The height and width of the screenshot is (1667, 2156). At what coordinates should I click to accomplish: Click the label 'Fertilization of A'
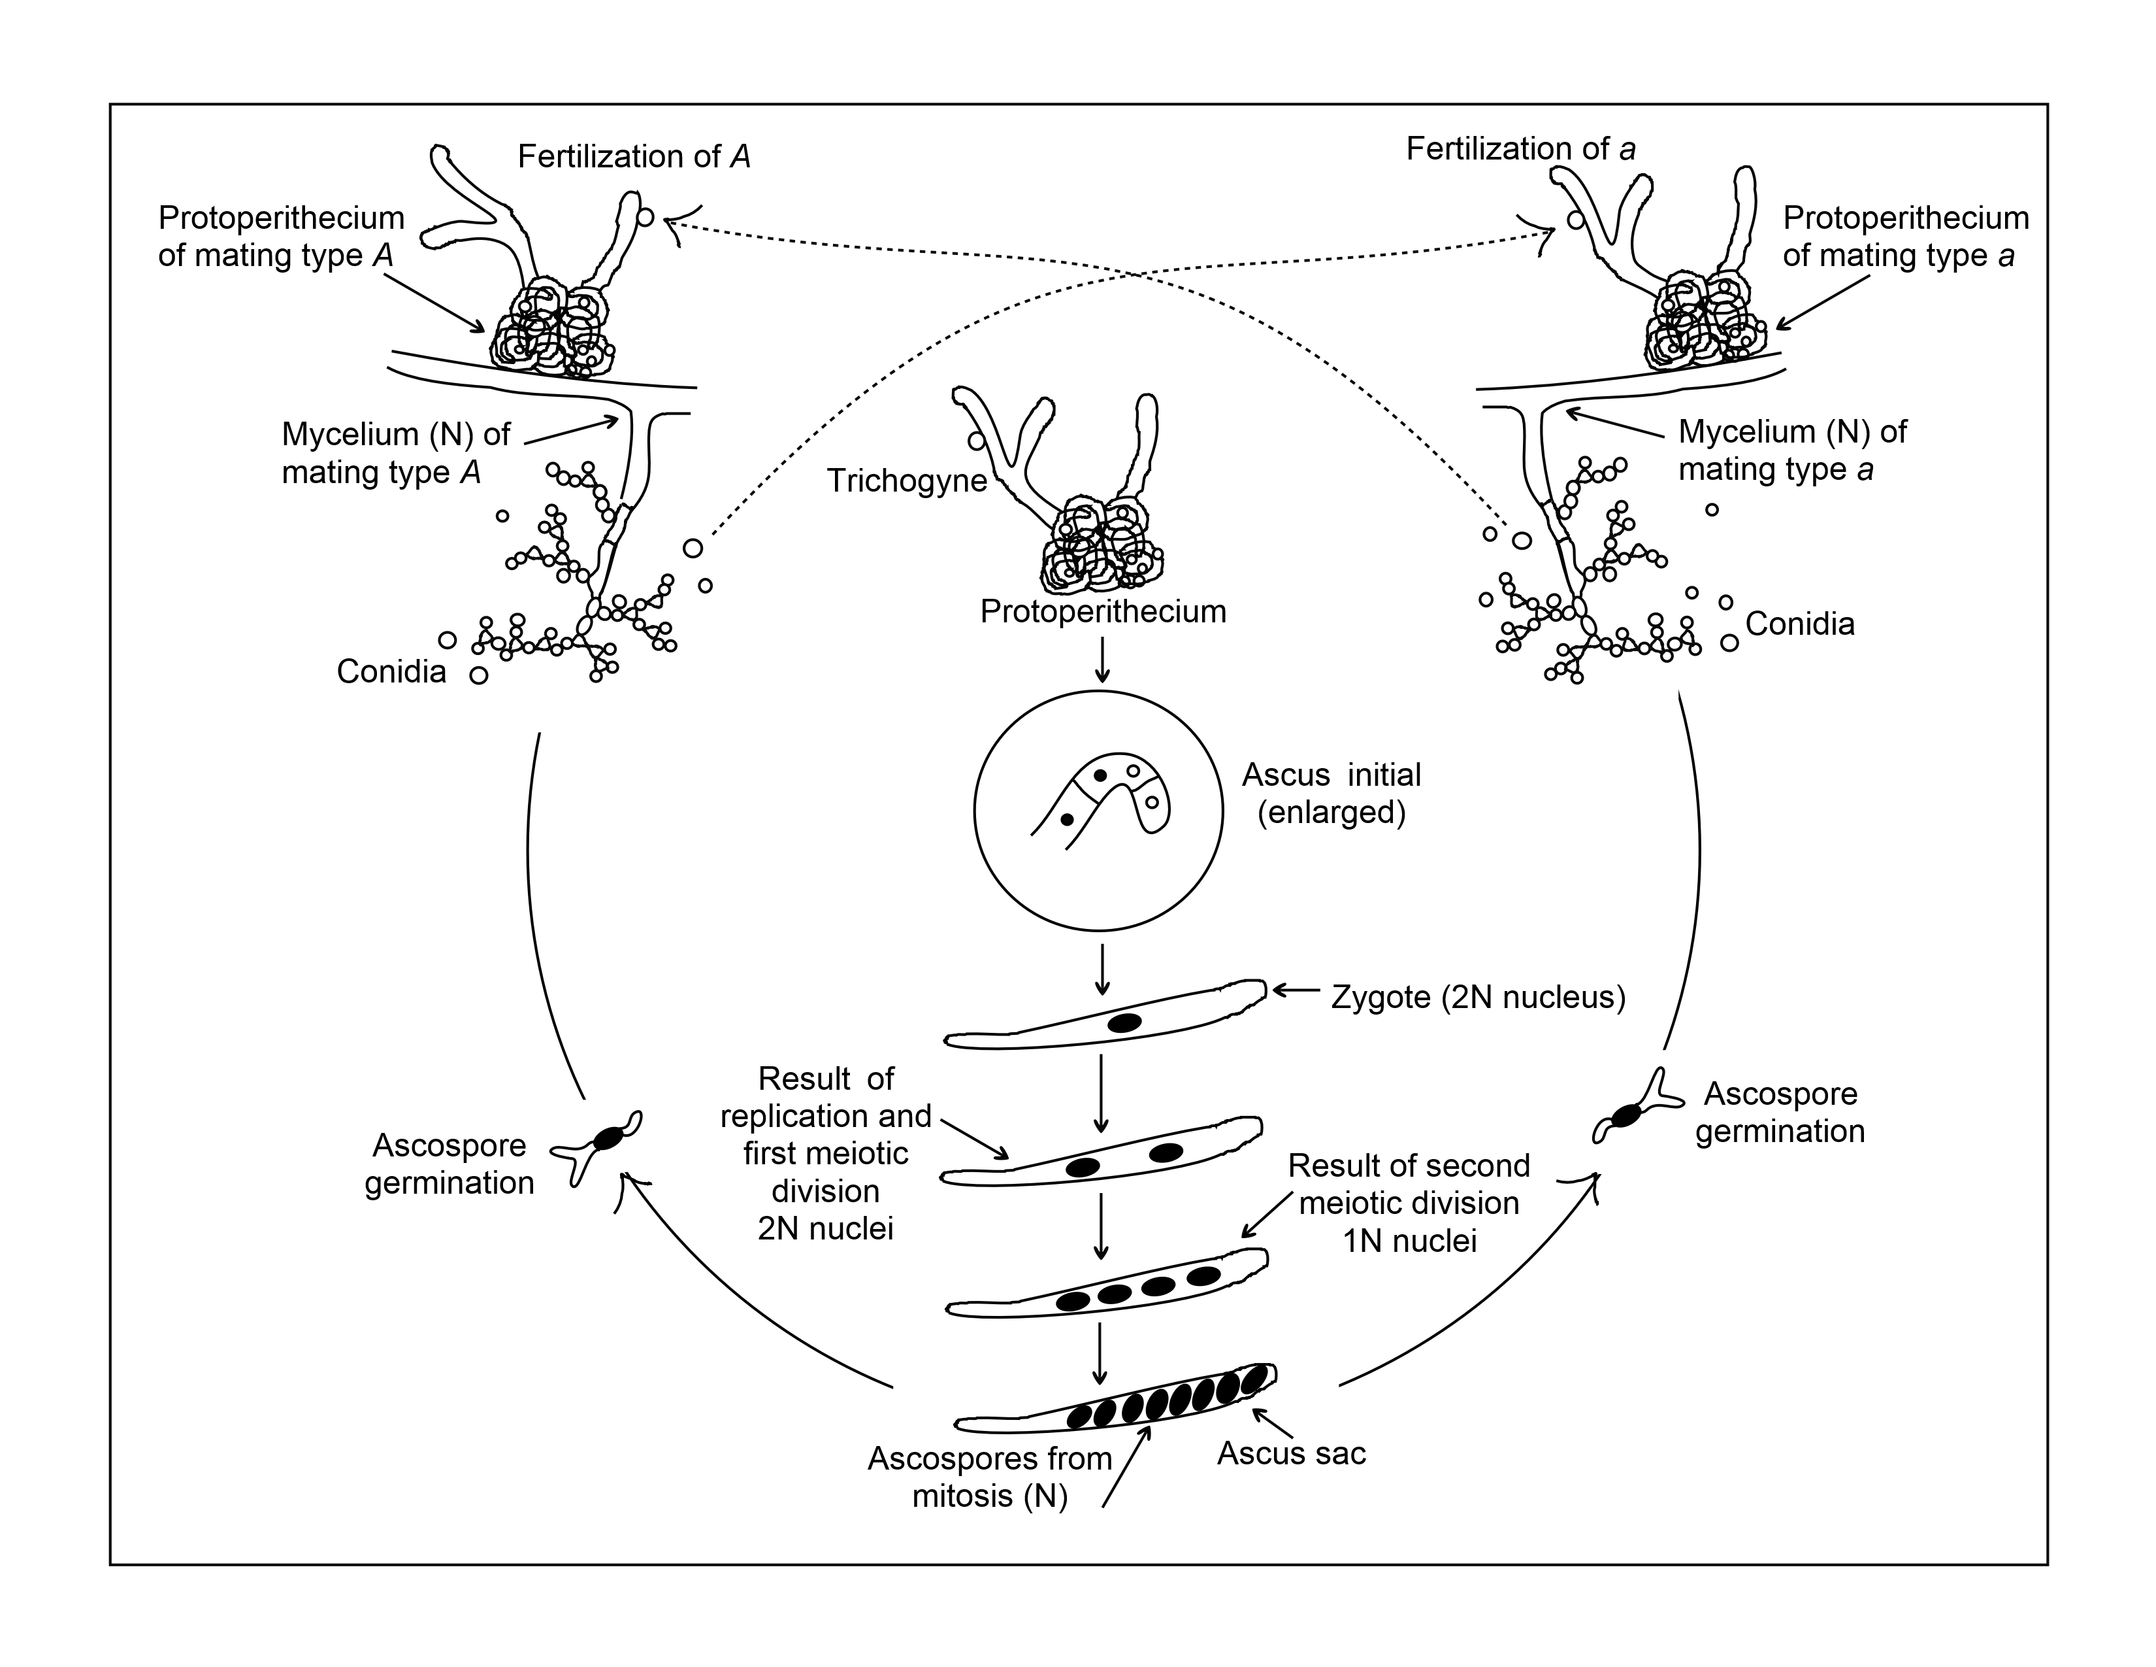[634, 157]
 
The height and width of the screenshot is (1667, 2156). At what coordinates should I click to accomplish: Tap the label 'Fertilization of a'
[1520, 149]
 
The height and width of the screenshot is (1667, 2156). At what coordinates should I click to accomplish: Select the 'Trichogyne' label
[906, 481]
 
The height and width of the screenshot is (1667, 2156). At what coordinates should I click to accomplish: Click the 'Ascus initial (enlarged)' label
[1331, 793]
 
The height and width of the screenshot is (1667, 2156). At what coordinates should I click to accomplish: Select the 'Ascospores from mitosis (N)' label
[990, 1477]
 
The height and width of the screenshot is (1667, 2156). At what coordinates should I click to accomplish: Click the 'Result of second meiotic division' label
[1409, 1203]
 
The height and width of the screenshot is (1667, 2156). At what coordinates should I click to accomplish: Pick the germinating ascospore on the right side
[1626, 1115]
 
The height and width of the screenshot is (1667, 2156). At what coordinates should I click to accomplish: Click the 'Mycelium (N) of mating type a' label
[1791, 450]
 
